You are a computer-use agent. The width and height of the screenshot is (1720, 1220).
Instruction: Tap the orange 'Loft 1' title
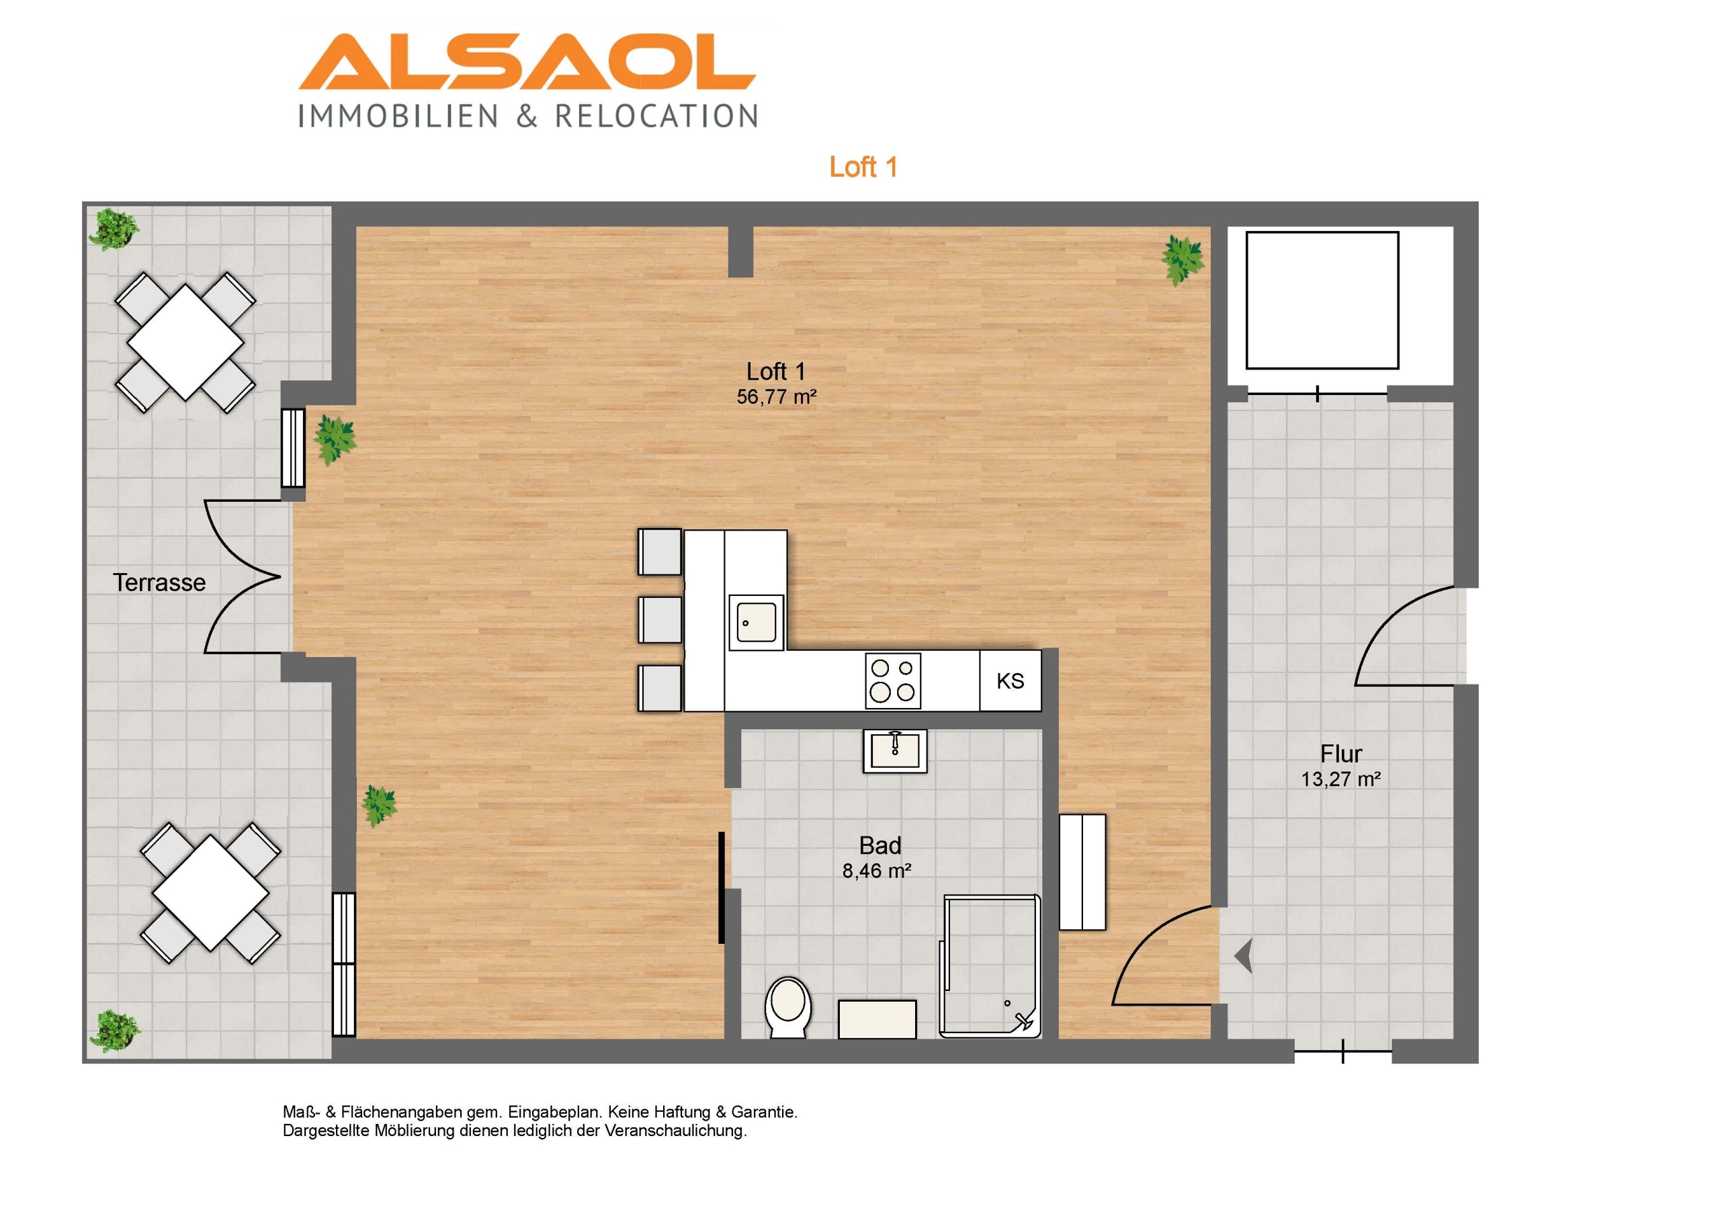tap(863, 167)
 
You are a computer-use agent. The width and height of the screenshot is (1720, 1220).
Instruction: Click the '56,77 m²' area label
tap(776, 396)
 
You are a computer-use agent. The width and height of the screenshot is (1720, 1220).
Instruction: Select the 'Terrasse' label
tap(159, 582)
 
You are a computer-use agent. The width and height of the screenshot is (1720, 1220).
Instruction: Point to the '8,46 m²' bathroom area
tap(877, 871)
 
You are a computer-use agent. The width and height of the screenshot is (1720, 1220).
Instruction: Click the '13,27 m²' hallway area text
tap(1340, 779)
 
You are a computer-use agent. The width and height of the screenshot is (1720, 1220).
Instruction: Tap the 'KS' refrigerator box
tap(1010, 681)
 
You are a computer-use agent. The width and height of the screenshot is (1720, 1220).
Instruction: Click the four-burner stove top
tap(893, 681)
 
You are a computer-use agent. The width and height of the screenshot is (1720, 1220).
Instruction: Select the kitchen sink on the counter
tap(757, 623)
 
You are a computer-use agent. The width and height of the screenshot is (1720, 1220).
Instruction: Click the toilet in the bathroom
tap(788, 1006)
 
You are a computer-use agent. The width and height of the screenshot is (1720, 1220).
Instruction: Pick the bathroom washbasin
tap(894, 750)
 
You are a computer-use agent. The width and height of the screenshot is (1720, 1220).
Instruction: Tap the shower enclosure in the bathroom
tap(990, 966)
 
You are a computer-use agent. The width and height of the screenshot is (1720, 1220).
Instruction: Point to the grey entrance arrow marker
tap(1244, 957)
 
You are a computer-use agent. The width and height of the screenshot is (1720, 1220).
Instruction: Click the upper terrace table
tap(185, 343)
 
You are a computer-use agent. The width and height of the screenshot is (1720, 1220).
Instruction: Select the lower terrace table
tap(210, 894)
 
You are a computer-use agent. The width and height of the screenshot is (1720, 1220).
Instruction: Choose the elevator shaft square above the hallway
tap(1322, 300)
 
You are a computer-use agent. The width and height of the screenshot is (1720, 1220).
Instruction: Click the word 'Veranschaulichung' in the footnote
tap(675, 1131)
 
